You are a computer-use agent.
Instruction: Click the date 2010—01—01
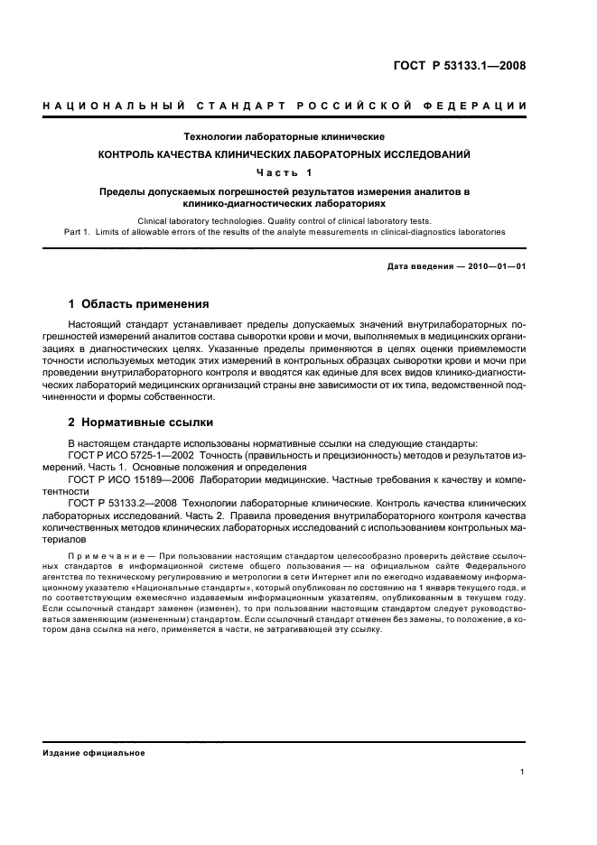496,267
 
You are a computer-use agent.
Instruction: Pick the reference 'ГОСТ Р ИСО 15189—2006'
145,478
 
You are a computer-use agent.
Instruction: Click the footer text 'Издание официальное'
94,752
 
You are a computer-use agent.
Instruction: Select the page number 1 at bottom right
523,773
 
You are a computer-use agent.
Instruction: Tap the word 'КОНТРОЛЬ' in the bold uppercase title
130,154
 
